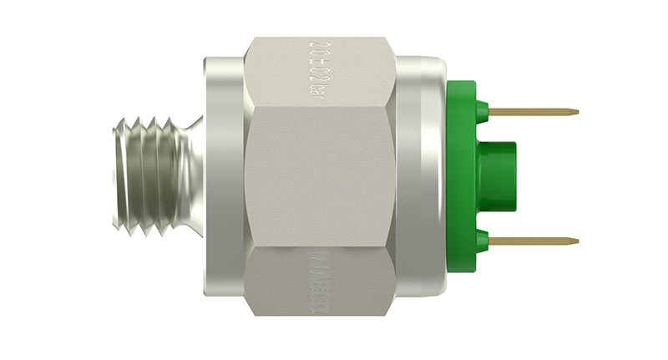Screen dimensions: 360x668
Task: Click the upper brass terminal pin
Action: tap(534, 110)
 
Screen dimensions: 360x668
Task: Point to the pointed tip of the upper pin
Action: tap(574, 110)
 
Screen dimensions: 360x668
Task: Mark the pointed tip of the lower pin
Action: tap(576, 241)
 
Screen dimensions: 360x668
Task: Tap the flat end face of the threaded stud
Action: tap(114, 176)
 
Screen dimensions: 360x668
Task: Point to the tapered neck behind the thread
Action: tap(194, 176)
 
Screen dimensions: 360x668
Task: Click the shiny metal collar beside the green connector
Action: tap(422, 176)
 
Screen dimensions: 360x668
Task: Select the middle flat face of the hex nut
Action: tap(321, 176)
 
